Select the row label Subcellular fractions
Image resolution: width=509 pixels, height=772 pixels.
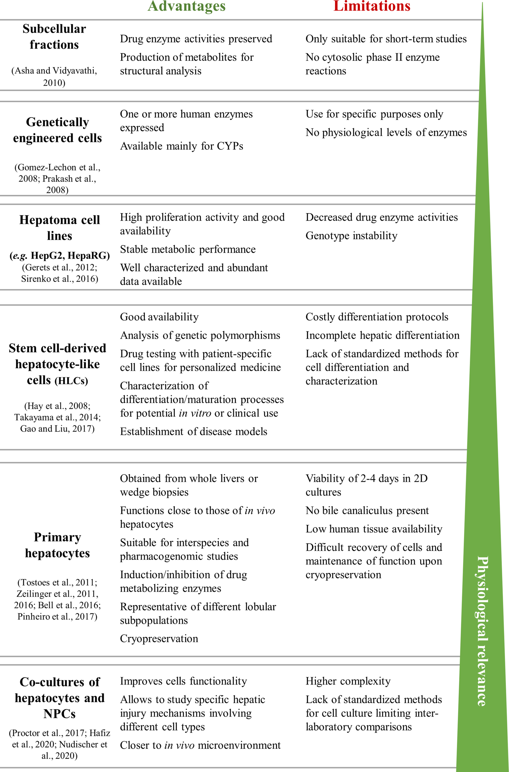point(54,36)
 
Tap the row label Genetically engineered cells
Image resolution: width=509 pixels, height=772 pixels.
point(57,130)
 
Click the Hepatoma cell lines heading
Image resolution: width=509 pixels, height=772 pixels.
point(60,228)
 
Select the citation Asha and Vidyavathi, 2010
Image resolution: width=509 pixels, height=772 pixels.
point(54,76)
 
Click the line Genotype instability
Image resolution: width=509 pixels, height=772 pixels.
point(351,235)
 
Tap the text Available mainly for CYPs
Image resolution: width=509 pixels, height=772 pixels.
point(182,146)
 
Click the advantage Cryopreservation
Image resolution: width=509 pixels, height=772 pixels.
point(159,638)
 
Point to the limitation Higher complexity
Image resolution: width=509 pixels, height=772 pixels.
point(348,681)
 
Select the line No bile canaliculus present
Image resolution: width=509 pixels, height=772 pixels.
point(367,510)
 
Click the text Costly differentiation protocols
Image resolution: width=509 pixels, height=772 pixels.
point(377,317)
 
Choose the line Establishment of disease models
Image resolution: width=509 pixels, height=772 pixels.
point(194,431)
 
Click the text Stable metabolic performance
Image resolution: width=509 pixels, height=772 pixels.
point(188,249)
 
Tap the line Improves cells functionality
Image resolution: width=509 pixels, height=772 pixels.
point(183,681)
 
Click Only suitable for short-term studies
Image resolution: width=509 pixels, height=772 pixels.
point(386,39)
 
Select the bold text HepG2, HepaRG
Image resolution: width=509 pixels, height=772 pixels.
point(70,255)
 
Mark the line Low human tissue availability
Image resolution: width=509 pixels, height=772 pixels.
point(374,529)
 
